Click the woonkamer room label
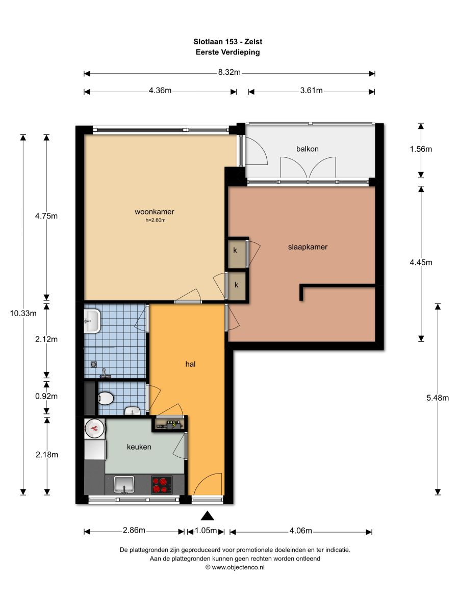(x=155, y=212)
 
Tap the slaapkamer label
(x=308, y=247)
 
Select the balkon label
(x=308, y=149)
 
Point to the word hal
(x=190, y=364)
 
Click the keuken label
(x=139, y=447)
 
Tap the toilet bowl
(x=106, y=398)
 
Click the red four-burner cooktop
(x=162, y=485)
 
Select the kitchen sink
(x=124, y=485)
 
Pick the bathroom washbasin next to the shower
(x=92, y=321)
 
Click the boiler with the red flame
(x=95, y=428)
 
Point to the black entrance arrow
(x=208, y=516)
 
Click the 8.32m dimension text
(x=229, y=72)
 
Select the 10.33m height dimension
(x=23, y=314)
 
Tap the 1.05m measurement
(x=206, y=531)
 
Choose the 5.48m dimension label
(x=438, y=398)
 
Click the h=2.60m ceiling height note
(x=156, y=220)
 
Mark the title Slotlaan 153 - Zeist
(x=227, y=42)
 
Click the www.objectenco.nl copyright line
(x=235, y=567)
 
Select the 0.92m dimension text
(x=46, y=396)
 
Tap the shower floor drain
(x=94, y=364)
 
